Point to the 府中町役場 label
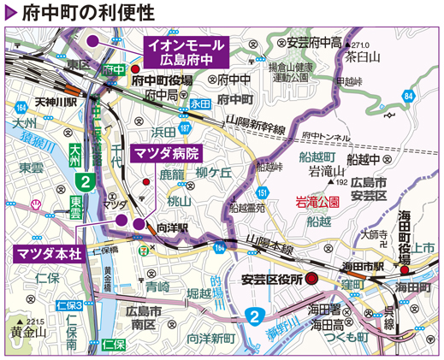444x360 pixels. point(163,80)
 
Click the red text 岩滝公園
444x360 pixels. point(317,203)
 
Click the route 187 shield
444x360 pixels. point(185,127)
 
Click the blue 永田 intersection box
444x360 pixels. point(199,102)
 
